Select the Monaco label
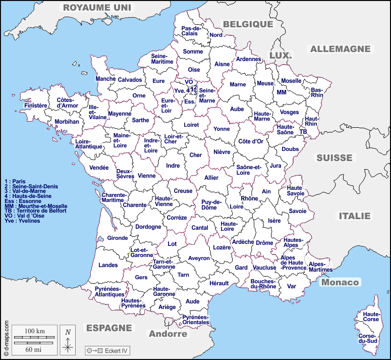(340, 282)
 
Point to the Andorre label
(167, 334)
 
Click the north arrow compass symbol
(68, 339)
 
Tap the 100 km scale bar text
(35, 331)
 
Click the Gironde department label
(118, 238)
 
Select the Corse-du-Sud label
(368, 339)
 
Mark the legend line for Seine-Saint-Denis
(31, 186)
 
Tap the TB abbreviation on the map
(303, 131)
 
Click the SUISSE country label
(334, 158)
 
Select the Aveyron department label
(199, 258)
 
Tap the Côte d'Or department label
(251, 141)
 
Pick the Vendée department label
(99, 168)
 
